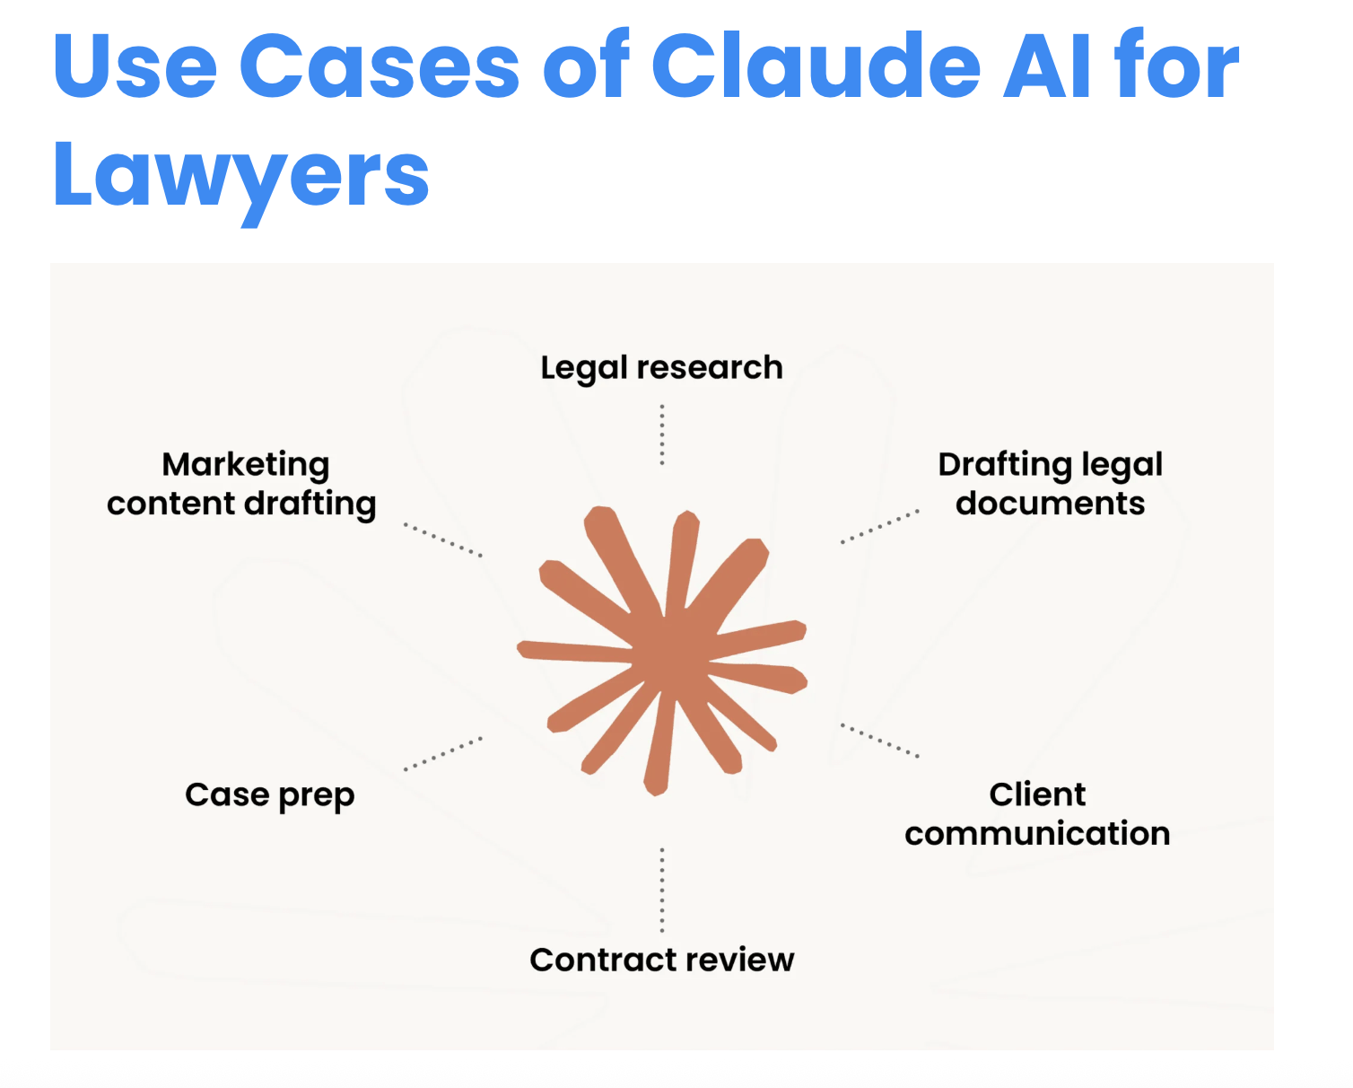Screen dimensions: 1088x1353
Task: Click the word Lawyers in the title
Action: (241, 175)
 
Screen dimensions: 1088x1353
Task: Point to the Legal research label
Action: (661, 368)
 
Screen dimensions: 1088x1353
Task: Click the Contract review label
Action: (661, 960)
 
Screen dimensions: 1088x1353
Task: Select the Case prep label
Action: (269, 795)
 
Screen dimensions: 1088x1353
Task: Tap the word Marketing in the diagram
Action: (246, 465)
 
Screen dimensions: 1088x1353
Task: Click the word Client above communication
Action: (1037, 794)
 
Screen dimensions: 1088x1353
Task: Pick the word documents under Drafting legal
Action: (1050, 504)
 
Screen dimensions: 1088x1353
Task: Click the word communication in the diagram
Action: (1037, 834)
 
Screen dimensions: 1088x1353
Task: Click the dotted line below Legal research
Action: (662, 434)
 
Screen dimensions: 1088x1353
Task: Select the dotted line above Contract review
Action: (662, 890)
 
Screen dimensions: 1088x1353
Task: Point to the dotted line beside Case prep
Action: (443, 754)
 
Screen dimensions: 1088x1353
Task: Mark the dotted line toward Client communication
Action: (880, 741)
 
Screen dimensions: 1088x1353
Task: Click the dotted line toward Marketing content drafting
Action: (443, 540)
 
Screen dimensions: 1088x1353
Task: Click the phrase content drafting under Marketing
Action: (241, 505)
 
